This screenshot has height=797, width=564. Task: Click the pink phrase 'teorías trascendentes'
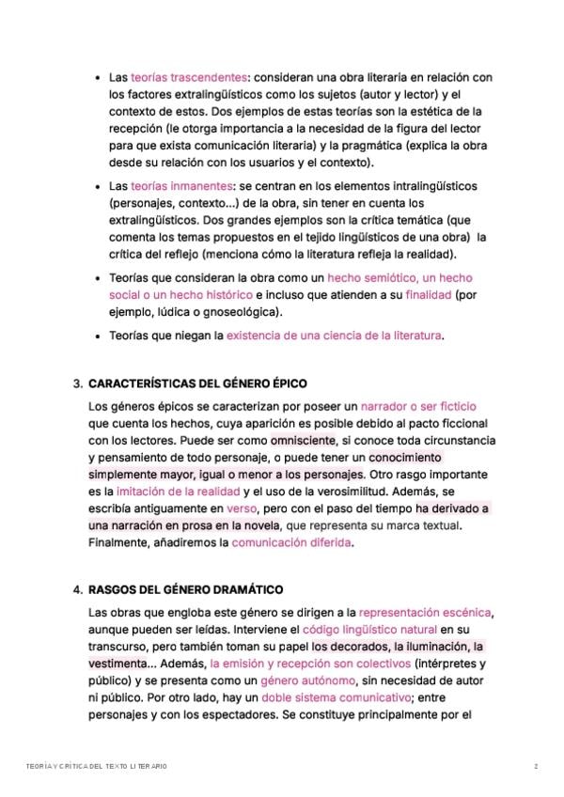point(189,77)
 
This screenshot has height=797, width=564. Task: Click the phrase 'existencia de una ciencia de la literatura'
point(334,335)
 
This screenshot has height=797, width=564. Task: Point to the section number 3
point(77,384)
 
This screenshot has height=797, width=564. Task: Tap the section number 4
point(77,590)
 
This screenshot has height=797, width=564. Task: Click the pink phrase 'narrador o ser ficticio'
point(419,406)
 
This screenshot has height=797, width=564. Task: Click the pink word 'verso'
point(243,508)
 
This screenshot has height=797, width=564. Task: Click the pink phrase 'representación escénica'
point(426,612)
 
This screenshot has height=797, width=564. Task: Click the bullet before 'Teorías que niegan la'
point(99,335)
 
